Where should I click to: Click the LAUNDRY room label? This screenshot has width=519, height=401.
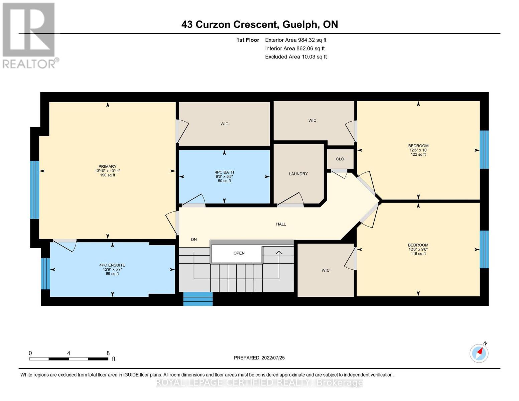[x=298, y=174]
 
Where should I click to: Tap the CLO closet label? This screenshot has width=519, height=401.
[x=340, y=159]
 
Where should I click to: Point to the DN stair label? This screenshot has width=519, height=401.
[x=194, y=240]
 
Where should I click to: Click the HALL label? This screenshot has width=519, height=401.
[x=281, y=224]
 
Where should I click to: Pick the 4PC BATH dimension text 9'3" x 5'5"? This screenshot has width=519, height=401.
[x=224, y=177]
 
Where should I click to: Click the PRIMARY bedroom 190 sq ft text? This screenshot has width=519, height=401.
[x=107, y=175]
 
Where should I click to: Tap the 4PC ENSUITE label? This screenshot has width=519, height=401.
[x=112, y=265]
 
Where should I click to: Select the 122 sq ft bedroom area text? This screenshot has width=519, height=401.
[x=418, y=154]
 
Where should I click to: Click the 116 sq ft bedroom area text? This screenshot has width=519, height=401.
[x=418, y=254]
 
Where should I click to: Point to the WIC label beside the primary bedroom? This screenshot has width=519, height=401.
[x=224, y=124]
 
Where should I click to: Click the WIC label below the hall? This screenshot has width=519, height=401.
[x=326, y=270]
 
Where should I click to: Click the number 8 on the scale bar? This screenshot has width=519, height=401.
[x=108, y=353]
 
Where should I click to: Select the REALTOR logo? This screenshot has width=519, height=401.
[x=29, y=35]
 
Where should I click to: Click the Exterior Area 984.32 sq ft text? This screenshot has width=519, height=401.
[x=295, y=40]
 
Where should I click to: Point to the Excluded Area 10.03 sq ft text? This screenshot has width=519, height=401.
[x=296, y=57]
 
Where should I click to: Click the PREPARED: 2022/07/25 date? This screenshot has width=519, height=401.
[x=259, y=358]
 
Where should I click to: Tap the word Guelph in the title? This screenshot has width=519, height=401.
[x=300, y=24]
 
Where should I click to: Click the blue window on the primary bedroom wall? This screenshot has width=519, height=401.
[x=35, y=190]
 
